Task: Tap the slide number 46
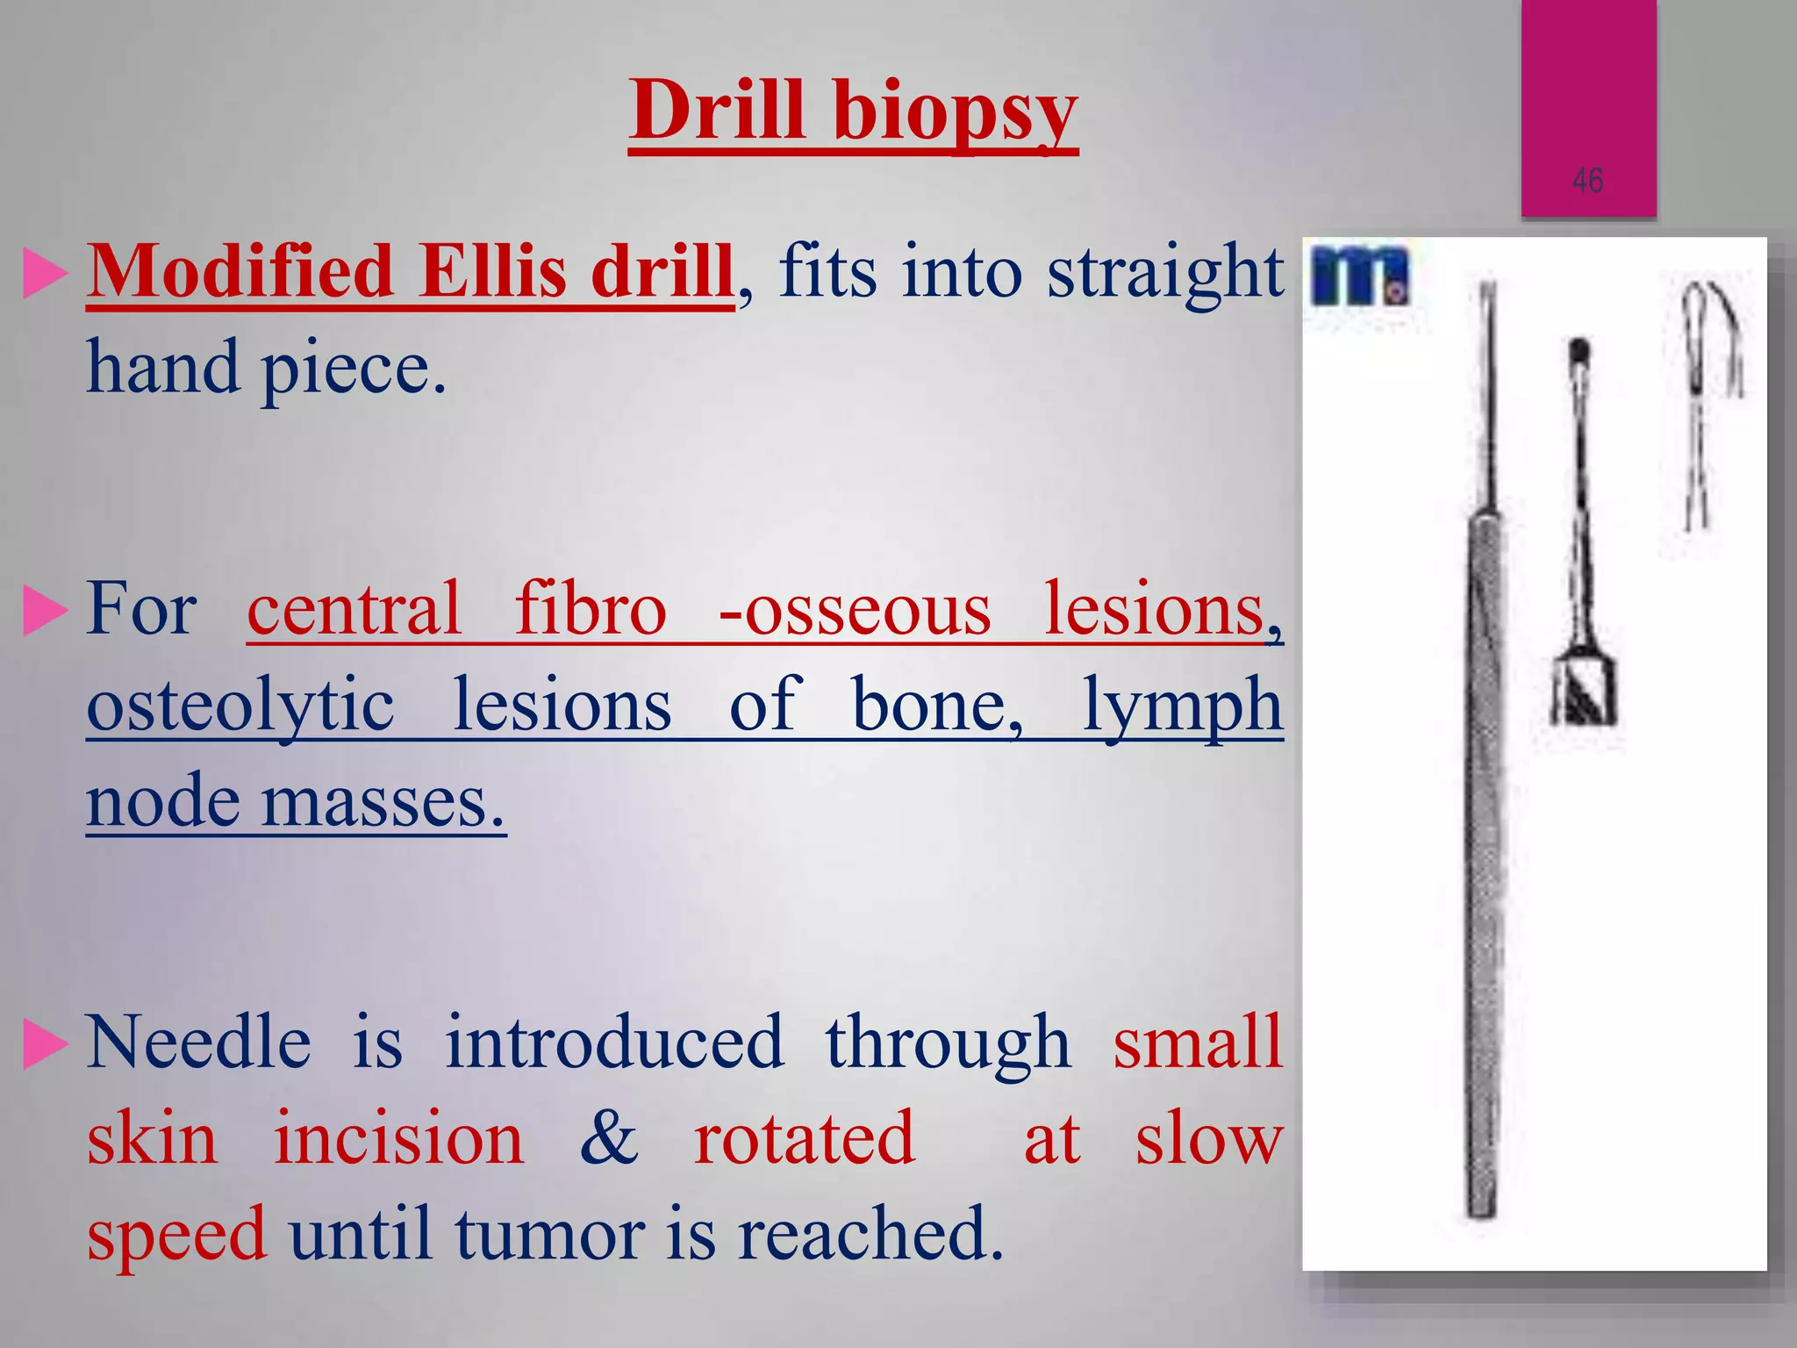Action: pos(1588,181)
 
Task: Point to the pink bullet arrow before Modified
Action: pos(44,273)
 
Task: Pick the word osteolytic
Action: pos(240,707)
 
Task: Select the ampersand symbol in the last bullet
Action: pos(609,1138)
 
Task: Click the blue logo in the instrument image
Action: pos(1358,276)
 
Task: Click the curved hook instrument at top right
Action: pos(1711,333)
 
